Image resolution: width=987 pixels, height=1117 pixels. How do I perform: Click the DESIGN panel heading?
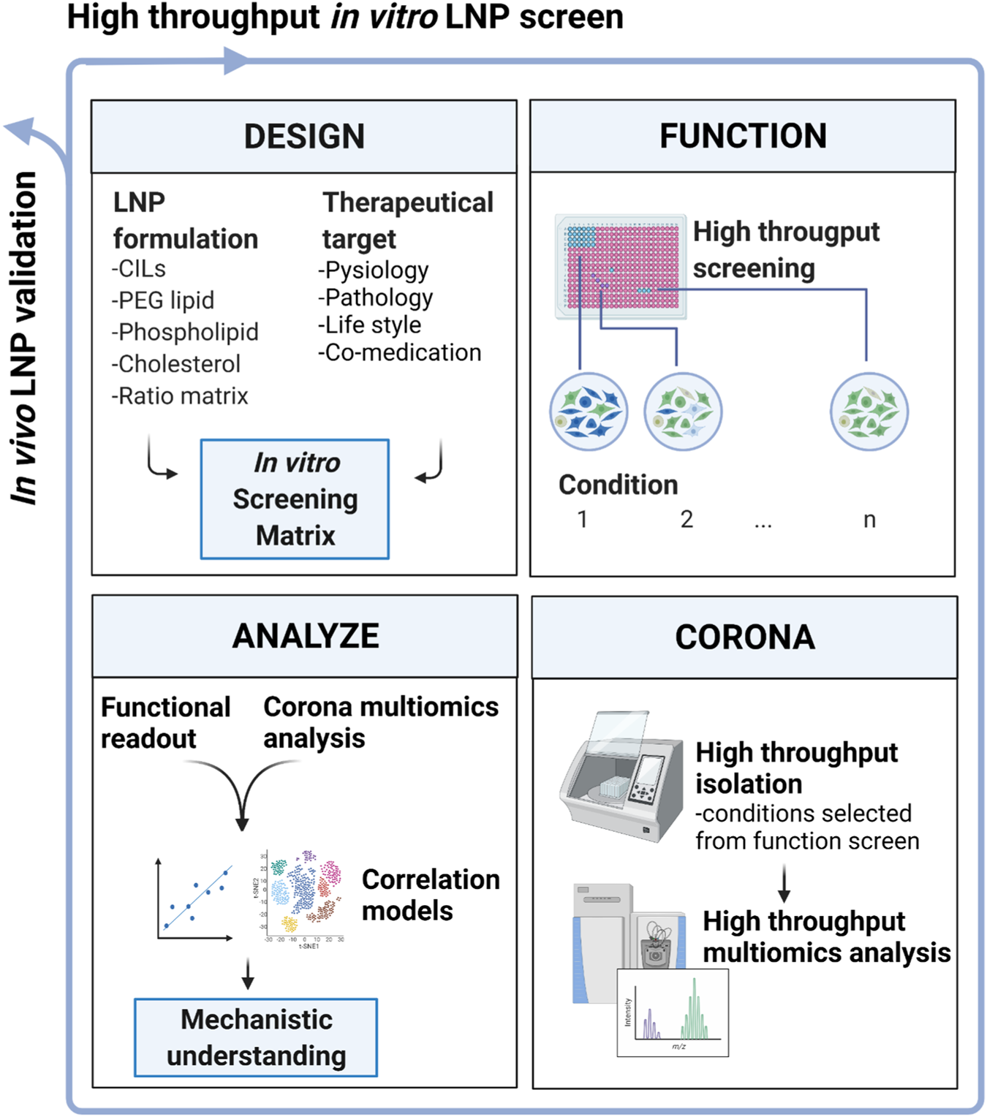pyautogui.click(x=304, y=137)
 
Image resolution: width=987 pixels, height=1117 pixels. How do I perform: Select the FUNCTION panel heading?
pyautogui.click(x=743, y=136)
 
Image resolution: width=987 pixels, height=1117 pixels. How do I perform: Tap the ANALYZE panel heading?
pyautogui.click(x=305, y=636)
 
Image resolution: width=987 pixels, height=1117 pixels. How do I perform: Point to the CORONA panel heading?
pyautogui.click(x=744, y=637)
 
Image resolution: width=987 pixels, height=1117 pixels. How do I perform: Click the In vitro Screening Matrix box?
pyautogui.click(x=295, y=499)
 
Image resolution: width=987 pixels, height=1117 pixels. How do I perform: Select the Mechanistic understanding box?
pyautogui.click(x=256, y=1037)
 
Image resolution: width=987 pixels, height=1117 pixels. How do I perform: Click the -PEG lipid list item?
pyautogui.click(x=163, y=300)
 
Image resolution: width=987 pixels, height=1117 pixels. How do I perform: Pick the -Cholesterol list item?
pyautogui.click(x=175, y=364)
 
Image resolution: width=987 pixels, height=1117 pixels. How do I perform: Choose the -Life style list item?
pyautogui.click(x=369, y=325)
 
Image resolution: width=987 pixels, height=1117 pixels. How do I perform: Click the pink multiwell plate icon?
pyautogui.click(x=621, y=267)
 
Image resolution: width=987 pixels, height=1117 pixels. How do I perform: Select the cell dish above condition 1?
pyautogui.click(x=589, y=412)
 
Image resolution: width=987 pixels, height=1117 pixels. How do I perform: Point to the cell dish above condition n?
pyautogui.click(x=869, y=412)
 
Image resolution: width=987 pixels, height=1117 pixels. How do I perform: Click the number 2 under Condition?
pyautogui.click(x=687, y=520)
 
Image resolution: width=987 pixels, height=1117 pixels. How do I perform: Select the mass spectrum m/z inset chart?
pyautogui.click(x=673, y=1012)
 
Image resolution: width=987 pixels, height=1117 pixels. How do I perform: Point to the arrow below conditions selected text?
pyautogui.click(x=784, y=884)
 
